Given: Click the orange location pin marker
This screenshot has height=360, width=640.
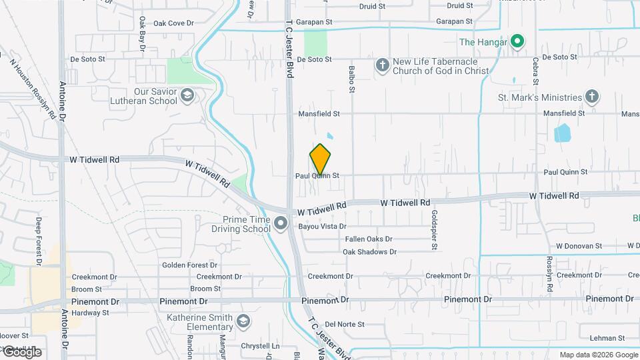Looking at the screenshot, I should click(x=321, y=159).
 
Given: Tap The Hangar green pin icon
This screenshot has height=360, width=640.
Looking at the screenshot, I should click(x=517, y=42).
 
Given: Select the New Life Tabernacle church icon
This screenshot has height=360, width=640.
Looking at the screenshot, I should click(x=382, y=65).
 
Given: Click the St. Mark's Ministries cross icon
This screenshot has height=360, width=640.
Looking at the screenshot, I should click(x=591, y=97).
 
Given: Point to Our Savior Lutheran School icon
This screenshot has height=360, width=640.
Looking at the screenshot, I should click(x=187, y=96).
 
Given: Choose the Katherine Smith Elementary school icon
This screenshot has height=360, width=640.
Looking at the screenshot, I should click(x=243, y=322).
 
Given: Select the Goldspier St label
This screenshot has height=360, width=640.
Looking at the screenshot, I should click(x=434, y=231).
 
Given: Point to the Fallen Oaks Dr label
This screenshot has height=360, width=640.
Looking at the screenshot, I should click(x=369, y=239).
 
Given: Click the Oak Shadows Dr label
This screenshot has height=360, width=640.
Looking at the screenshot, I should click(x=369, y=252).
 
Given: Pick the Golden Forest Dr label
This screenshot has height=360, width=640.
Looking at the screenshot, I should click(x=189, y=265).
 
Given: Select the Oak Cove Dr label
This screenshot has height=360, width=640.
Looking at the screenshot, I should click(x=173, y=23).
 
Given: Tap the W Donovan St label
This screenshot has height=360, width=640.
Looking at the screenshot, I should click(x=578, y=246).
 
